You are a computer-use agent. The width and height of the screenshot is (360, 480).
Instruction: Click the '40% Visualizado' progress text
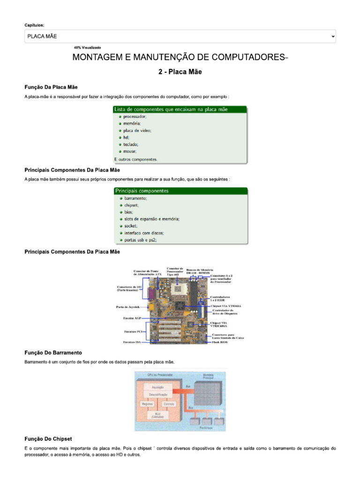[x=87, y=47]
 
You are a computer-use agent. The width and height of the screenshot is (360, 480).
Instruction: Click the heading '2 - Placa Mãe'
[x=180, y=72]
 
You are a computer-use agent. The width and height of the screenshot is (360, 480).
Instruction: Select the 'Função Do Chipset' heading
[x=48, y=439]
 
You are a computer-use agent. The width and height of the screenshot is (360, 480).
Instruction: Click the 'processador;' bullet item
[x=135, y=116]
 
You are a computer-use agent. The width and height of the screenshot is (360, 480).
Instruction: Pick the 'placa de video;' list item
[x=137, y=130]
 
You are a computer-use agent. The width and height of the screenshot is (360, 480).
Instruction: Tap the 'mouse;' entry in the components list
[x=130, y=151]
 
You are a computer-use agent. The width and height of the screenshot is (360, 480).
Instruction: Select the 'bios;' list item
[x=128, y=212]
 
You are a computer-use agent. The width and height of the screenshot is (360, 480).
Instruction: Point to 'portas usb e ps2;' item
[x=140, y=240]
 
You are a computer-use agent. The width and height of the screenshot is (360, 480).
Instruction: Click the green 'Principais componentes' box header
[x=181, y=191]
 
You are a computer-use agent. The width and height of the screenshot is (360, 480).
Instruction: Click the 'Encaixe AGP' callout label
[x=132, y=318]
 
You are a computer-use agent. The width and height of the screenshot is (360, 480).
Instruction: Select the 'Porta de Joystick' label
[x=128, y=307]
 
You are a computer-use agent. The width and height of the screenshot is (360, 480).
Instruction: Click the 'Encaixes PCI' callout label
[x=133, y=331]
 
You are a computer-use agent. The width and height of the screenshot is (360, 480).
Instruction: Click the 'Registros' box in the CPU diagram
[x=148, y=403]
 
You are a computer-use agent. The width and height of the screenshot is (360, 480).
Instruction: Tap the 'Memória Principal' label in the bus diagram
[x=208, y=375]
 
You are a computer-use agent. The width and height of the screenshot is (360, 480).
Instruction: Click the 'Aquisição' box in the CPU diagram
[x=157, y=387]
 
